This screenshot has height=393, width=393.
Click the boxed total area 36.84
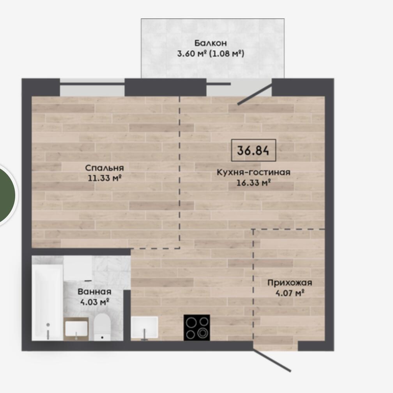pos(253,150)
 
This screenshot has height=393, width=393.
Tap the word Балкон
pos(211,43)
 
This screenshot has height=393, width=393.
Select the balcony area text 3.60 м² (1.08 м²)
pos(211,53)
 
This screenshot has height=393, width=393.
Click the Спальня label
pos(104,168)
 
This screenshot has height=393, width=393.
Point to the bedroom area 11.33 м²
pos(104,178)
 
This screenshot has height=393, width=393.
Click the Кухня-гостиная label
pos(253,172)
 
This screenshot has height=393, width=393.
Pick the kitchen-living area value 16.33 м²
pos(253,182)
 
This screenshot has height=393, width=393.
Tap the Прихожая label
pos(290,283)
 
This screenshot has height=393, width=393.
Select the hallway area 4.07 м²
pos(290,293)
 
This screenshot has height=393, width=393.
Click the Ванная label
pos(94,292)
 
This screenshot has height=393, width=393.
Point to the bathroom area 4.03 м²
pos(94,302)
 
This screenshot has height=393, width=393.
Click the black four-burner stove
pos(197,327)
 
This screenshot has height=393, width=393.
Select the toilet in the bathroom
pos(102,327)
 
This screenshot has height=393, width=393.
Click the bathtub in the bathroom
pos(48,302)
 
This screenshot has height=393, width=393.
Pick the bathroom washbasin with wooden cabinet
pos(76,329)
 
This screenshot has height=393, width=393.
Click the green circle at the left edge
pos(6,195)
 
